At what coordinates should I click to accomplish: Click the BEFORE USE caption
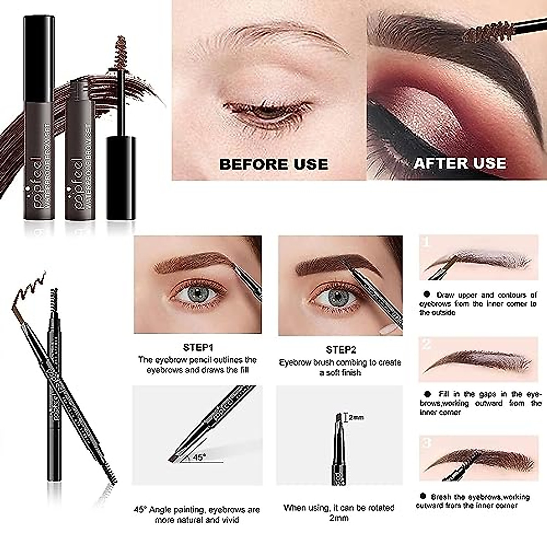coord(273,164)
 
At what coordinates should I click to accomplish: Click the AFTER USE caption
coord(459,163)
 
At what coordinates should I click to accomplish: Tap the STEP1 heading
coord(198,349)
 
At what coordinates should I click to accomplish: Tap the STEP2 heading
coord(341,350)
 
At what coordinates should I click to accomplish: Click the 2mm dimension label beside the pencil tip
coord(356,417)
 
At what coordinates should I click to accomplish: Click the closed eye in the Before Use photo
coord(267,112)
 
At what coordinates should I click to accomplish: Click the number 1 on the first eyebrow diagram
coord(426,242)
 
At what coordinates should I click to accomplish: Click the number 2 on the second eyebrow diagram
coord(426,344)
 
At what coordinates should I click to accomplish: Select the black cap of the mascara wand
coord(121,178)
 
